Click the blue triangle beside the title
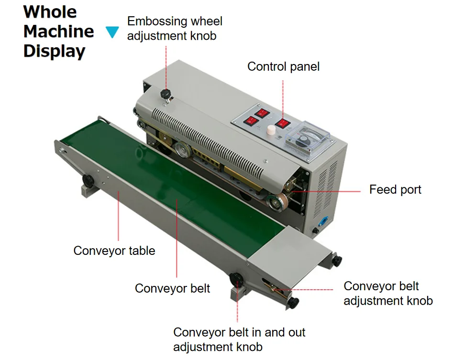click(x=112, y=32)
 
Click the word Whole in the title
click(x=50, y=11)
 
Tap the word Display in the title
click(x=55, y=51)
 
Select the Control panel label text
click(x=283, y=66)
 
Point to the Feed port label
click(x=395, y=190)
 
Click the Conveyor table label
click(x=114, y=251)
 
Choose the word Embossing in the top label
click(x=157, y=22)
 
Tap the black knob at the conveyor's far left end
click(x=88, y=181)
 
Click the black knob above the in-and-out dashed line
click(x=236, y=279)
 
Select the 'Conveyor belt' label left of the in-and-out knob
click(x=172, y=288)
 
